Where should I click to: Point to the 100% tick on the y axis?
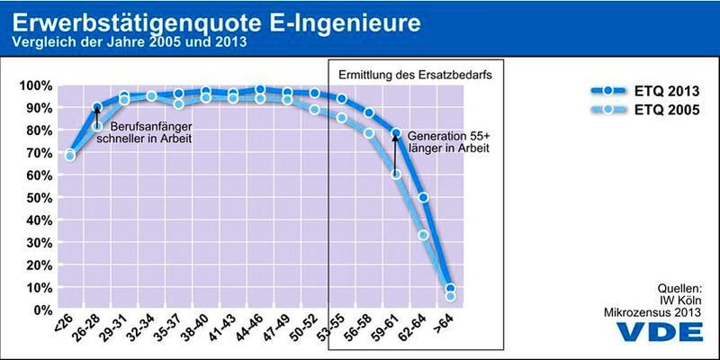click(x=33, y=85)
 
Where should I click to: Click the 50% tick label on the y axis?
click(x=36, y=198)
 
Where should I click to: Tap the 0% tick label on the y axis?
click(x=40, y=310)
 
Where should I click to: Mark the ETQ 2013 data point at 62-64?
click(x=422, y=197)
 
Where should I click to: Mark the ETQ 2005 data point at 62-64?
click(x=422, y=236)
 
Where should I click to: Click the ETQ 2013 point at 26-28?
click(x=97, y=108)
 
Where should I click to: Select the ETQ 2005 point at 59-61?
click(x=395, y=174)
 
